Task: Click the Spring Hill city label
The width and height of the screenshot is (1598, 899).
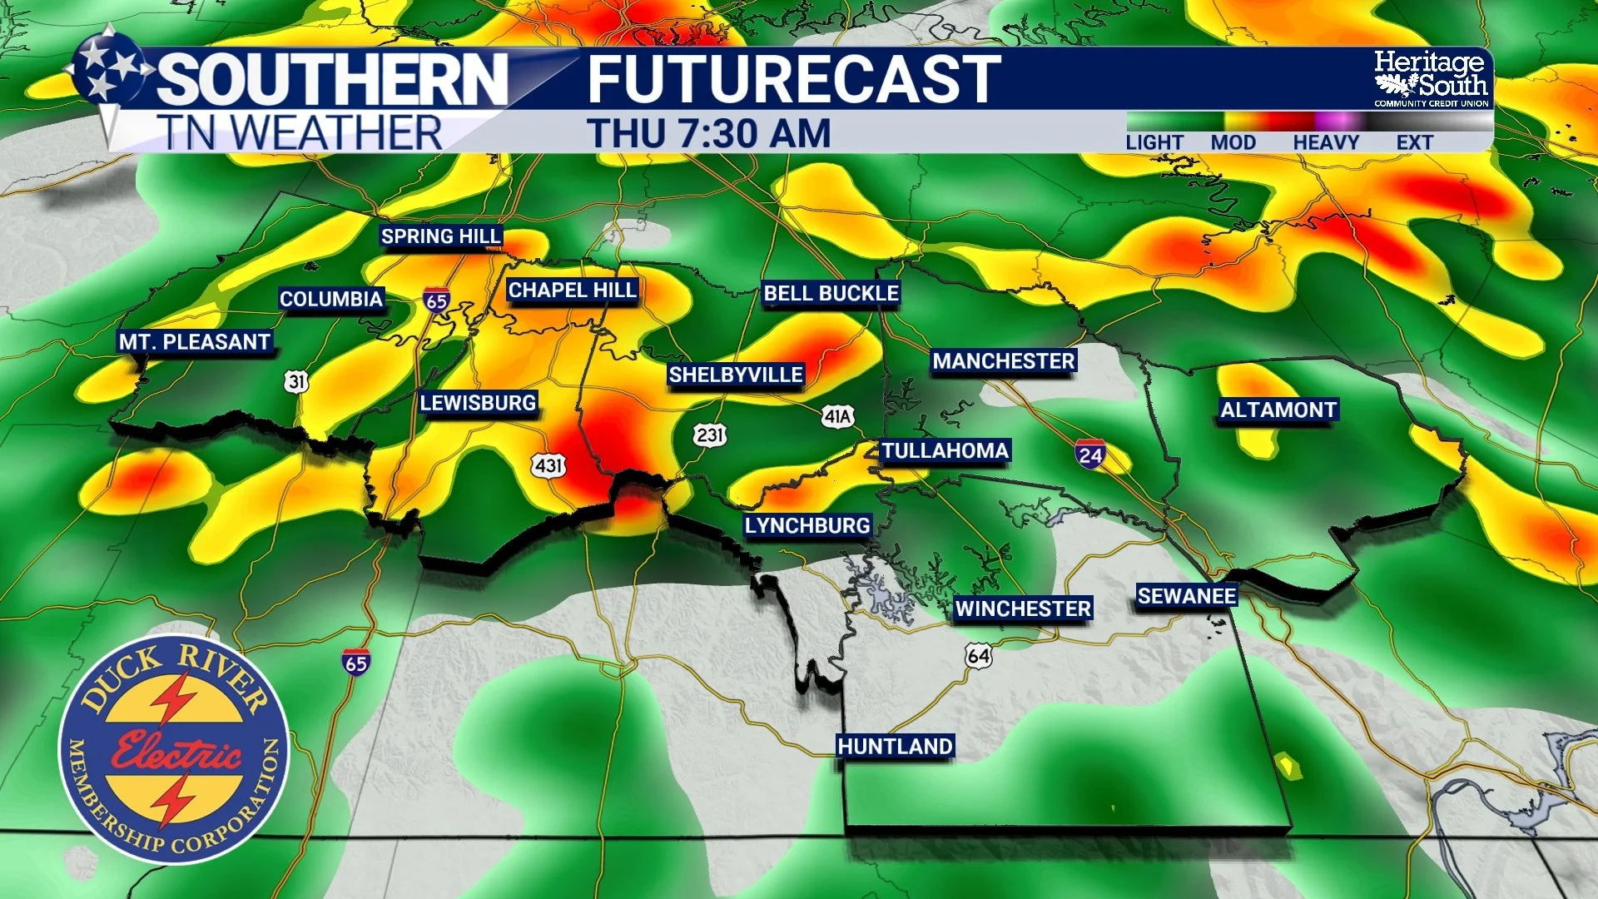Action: tap(440, 236)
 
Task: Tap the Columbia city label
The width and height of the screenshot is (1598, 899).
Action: tap(330, 299)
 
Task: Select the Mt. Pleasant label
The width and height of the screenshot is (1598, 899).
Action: tap(195, 342)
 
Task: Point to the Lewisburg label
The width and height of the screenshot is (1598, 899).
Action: tap(478, 403)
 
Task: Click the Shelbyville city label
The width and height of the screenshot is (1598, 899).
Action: tap(736, 375)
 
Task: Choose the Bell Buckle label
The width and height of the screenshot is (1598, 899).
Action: tap(831, 293)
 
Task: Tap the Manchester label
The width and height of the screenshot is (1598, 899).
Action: tap(1003, 361)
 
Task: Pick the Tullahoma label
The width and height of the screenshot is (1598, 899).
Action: tap(945, 451)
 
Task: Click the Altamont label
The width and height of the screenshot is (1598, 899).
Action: tap(1278, 410)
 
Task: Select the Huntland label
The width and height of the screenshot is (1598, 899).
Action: tap(895, 746)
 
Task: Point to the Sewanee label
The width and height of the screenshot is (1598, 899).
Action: tap(1186, 596)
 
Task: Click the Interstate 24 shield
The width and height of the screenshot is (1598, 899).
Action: tap(1089, 454)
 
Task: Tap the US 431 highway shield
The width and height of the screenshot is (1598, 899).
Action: tap(549, 465)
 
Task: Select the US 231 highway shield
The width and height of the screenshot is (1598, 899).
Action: tap(710, 435)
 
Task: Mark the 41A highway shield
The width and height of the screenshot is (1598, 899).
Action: tap(837, 416)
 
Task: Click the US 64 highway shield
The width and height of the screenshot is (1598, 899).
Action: tap(979, 656)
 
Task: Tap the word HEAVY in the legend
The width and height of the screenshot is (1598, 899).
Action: tap(1325, 143)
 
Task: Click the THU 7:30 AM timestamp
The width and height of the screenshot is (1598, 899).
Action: tap(708, 134)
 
